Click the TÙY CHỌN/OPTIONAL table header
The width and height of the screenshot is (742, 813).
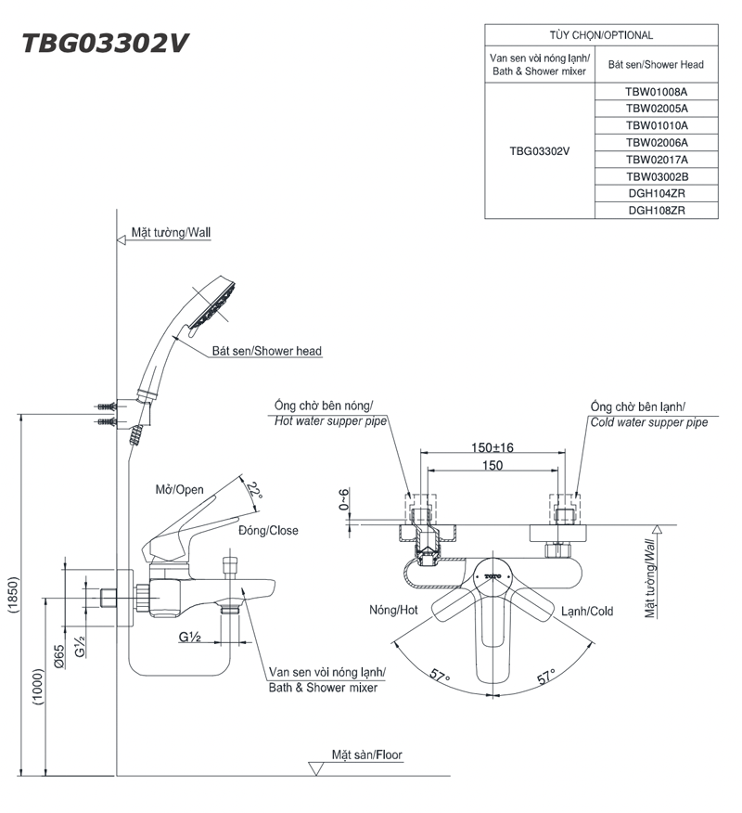click(x=600, y=35)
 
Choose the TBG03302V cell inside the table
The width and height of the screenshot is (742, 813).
click(x=539, y=151)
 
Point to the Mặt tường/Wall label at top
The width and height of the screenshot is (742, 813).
click(x=171, y=233)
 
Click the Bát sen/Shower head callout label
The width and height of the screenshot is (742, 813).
click(x=267, y=352)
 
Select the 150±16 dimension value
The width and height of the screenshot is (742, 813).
click(x=491, y=447)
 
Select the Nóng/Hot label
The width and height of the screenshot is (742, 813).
click(x=393, y=611)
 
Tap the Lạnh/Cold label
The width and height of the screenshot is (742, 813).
click(x=587, y=611)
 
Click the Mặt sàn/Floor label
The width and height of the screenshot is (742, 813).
click(x=367, y=755)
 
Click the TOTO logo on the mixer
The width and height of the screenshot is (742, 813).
click(x=492, y=576)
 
